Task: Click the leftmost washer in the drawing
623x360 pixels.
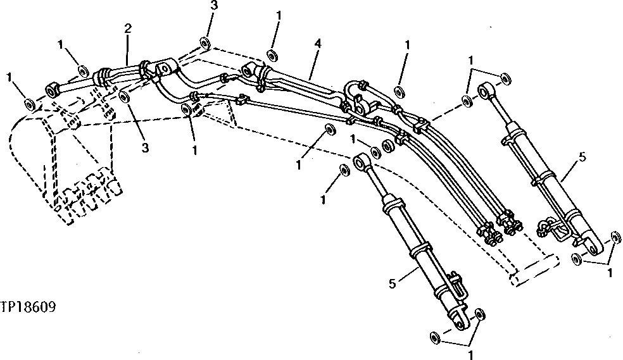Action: [28, 102]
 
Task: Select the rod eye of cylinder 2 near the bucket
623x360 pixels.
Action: [53, 88]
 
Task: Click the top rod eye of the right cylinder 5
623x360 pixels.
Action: [488, 90]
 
